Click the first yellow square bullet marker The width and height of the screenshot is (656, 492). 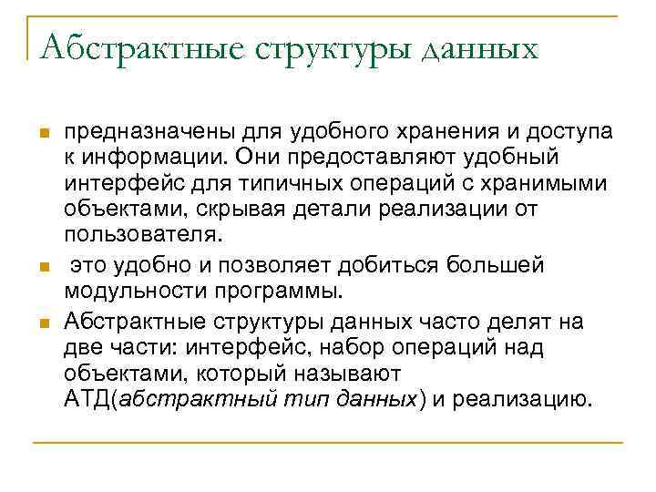tap(41, 134)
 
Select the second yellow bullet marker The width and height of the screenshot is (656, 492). tap(41, 268)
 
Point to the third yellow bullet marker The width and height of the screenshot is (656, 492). tap(41, 323)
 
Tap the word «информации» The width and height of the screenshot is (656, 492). tap(146, 159)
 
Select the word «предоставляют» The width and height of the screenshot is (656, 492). tap(373, 159)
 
